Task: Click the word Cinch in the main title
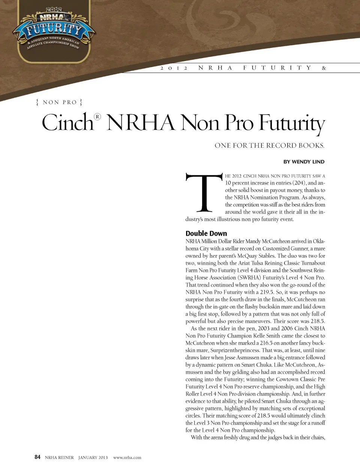coord(67,123)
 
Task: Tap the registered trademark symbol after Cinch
coord(97,117)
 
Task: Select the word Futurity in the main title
coord(292,123)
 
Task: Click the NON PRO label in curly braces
coord(59,102)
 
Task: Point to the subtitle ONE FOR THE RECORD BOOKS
coord(269,145)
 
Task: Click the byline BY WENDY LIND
coord(304,162)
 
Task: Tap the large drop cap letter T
coord(204,193)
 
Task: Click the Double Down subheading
coord(206,233)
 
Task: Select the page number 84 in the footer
coord(37,457)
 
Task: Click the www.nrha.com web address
coord(127,458)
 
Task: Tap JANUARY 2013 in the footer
coord(93,458)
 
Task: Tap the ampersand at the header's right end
coord(324,68)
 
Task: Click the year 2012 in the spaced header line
coord(174,68)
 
